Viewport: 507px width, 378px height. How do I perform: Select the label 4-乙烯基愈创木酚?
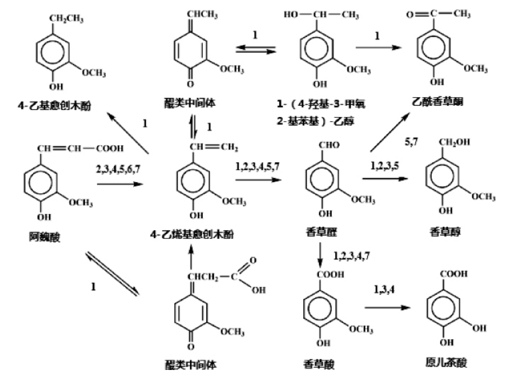(191, 234)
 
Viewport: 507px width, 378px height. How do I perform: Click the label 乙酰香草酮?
(440, 101)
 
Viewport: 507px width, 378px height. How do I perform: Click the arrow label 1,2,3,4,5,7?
(258, 166)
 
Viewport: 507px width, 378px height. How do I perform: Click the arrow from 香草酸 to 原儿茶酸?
(387, 307)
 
